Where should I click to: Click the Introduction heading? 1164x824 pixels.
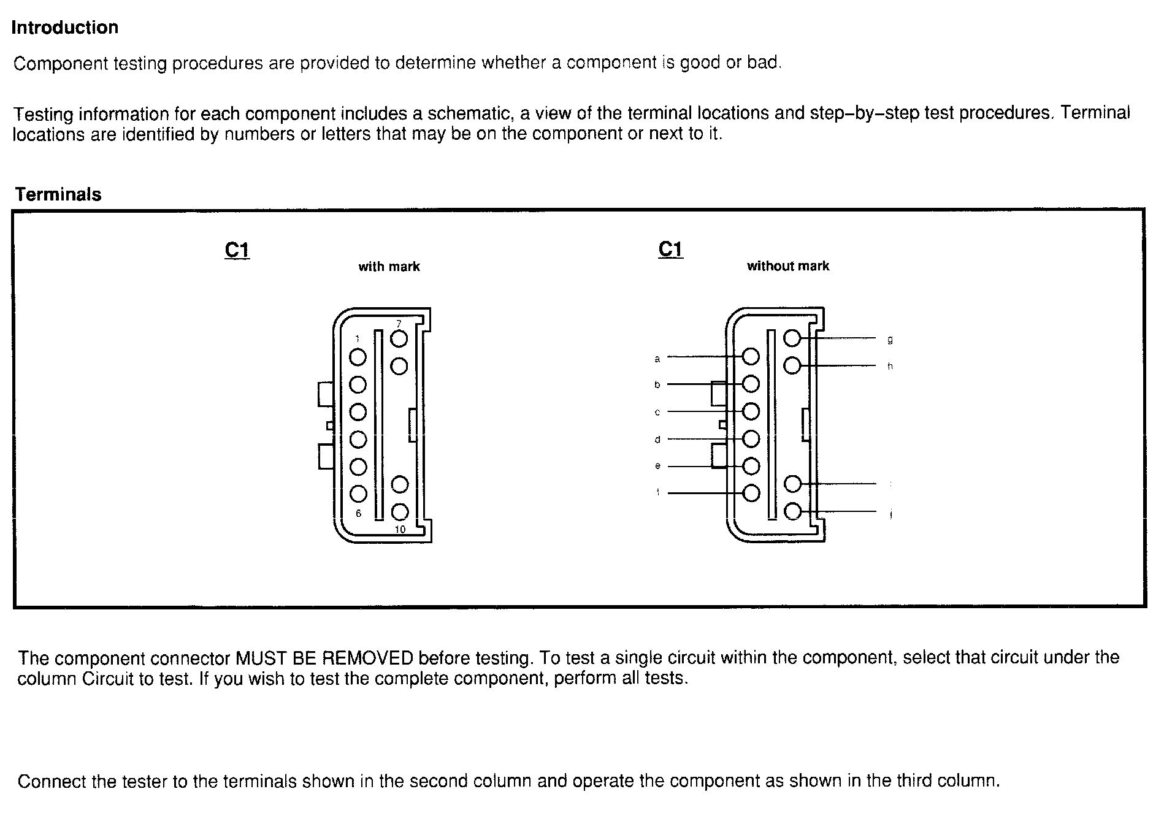[x=64, y=28]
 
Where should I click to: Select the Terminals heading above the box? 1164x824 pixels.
[x=58, y=194]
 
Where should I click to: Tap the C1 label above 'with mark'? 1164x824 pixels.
[x=237, y=250]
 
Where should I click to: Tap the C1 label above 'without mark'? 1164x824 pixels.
[x=670, y=250]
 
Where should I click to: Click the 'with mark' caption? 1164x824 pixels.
[x=389, y=267]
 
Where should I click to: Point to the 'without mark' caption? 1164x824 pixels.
[x=787, y=266]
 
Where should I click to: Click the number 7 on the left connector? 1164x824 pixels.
[x=399, y=323]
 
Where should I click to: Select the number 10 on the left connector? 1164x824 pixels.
[x=400, y=530]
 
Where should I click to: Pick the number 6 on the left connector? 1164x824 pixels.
[x=359, y=514]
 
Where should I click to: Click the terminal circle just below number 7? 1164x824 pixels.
[x=399, y=338]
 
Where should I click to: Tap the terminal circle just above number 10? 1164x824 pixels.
[x=400, y=511]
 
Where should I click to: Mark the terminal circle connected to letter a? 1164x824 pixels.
[x=751, y=357]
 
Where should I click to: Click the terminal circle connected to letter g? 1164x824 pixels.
[x=792, y=338]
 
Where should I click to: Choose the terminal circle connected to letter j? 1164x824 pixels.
[x=793, y=511]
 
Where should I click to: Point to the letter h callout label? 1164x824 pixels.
[x=890, y=366]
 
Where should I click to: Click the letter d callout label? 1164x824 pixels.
[x=657, y=440]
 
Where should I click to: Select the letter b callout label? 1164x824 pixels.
[x=657, y=385]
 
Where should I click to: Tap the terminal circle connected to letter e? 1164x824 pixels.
[x=751, y=467]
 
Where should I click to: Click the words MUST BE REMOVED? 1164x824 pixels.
[x=324, y=658]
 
